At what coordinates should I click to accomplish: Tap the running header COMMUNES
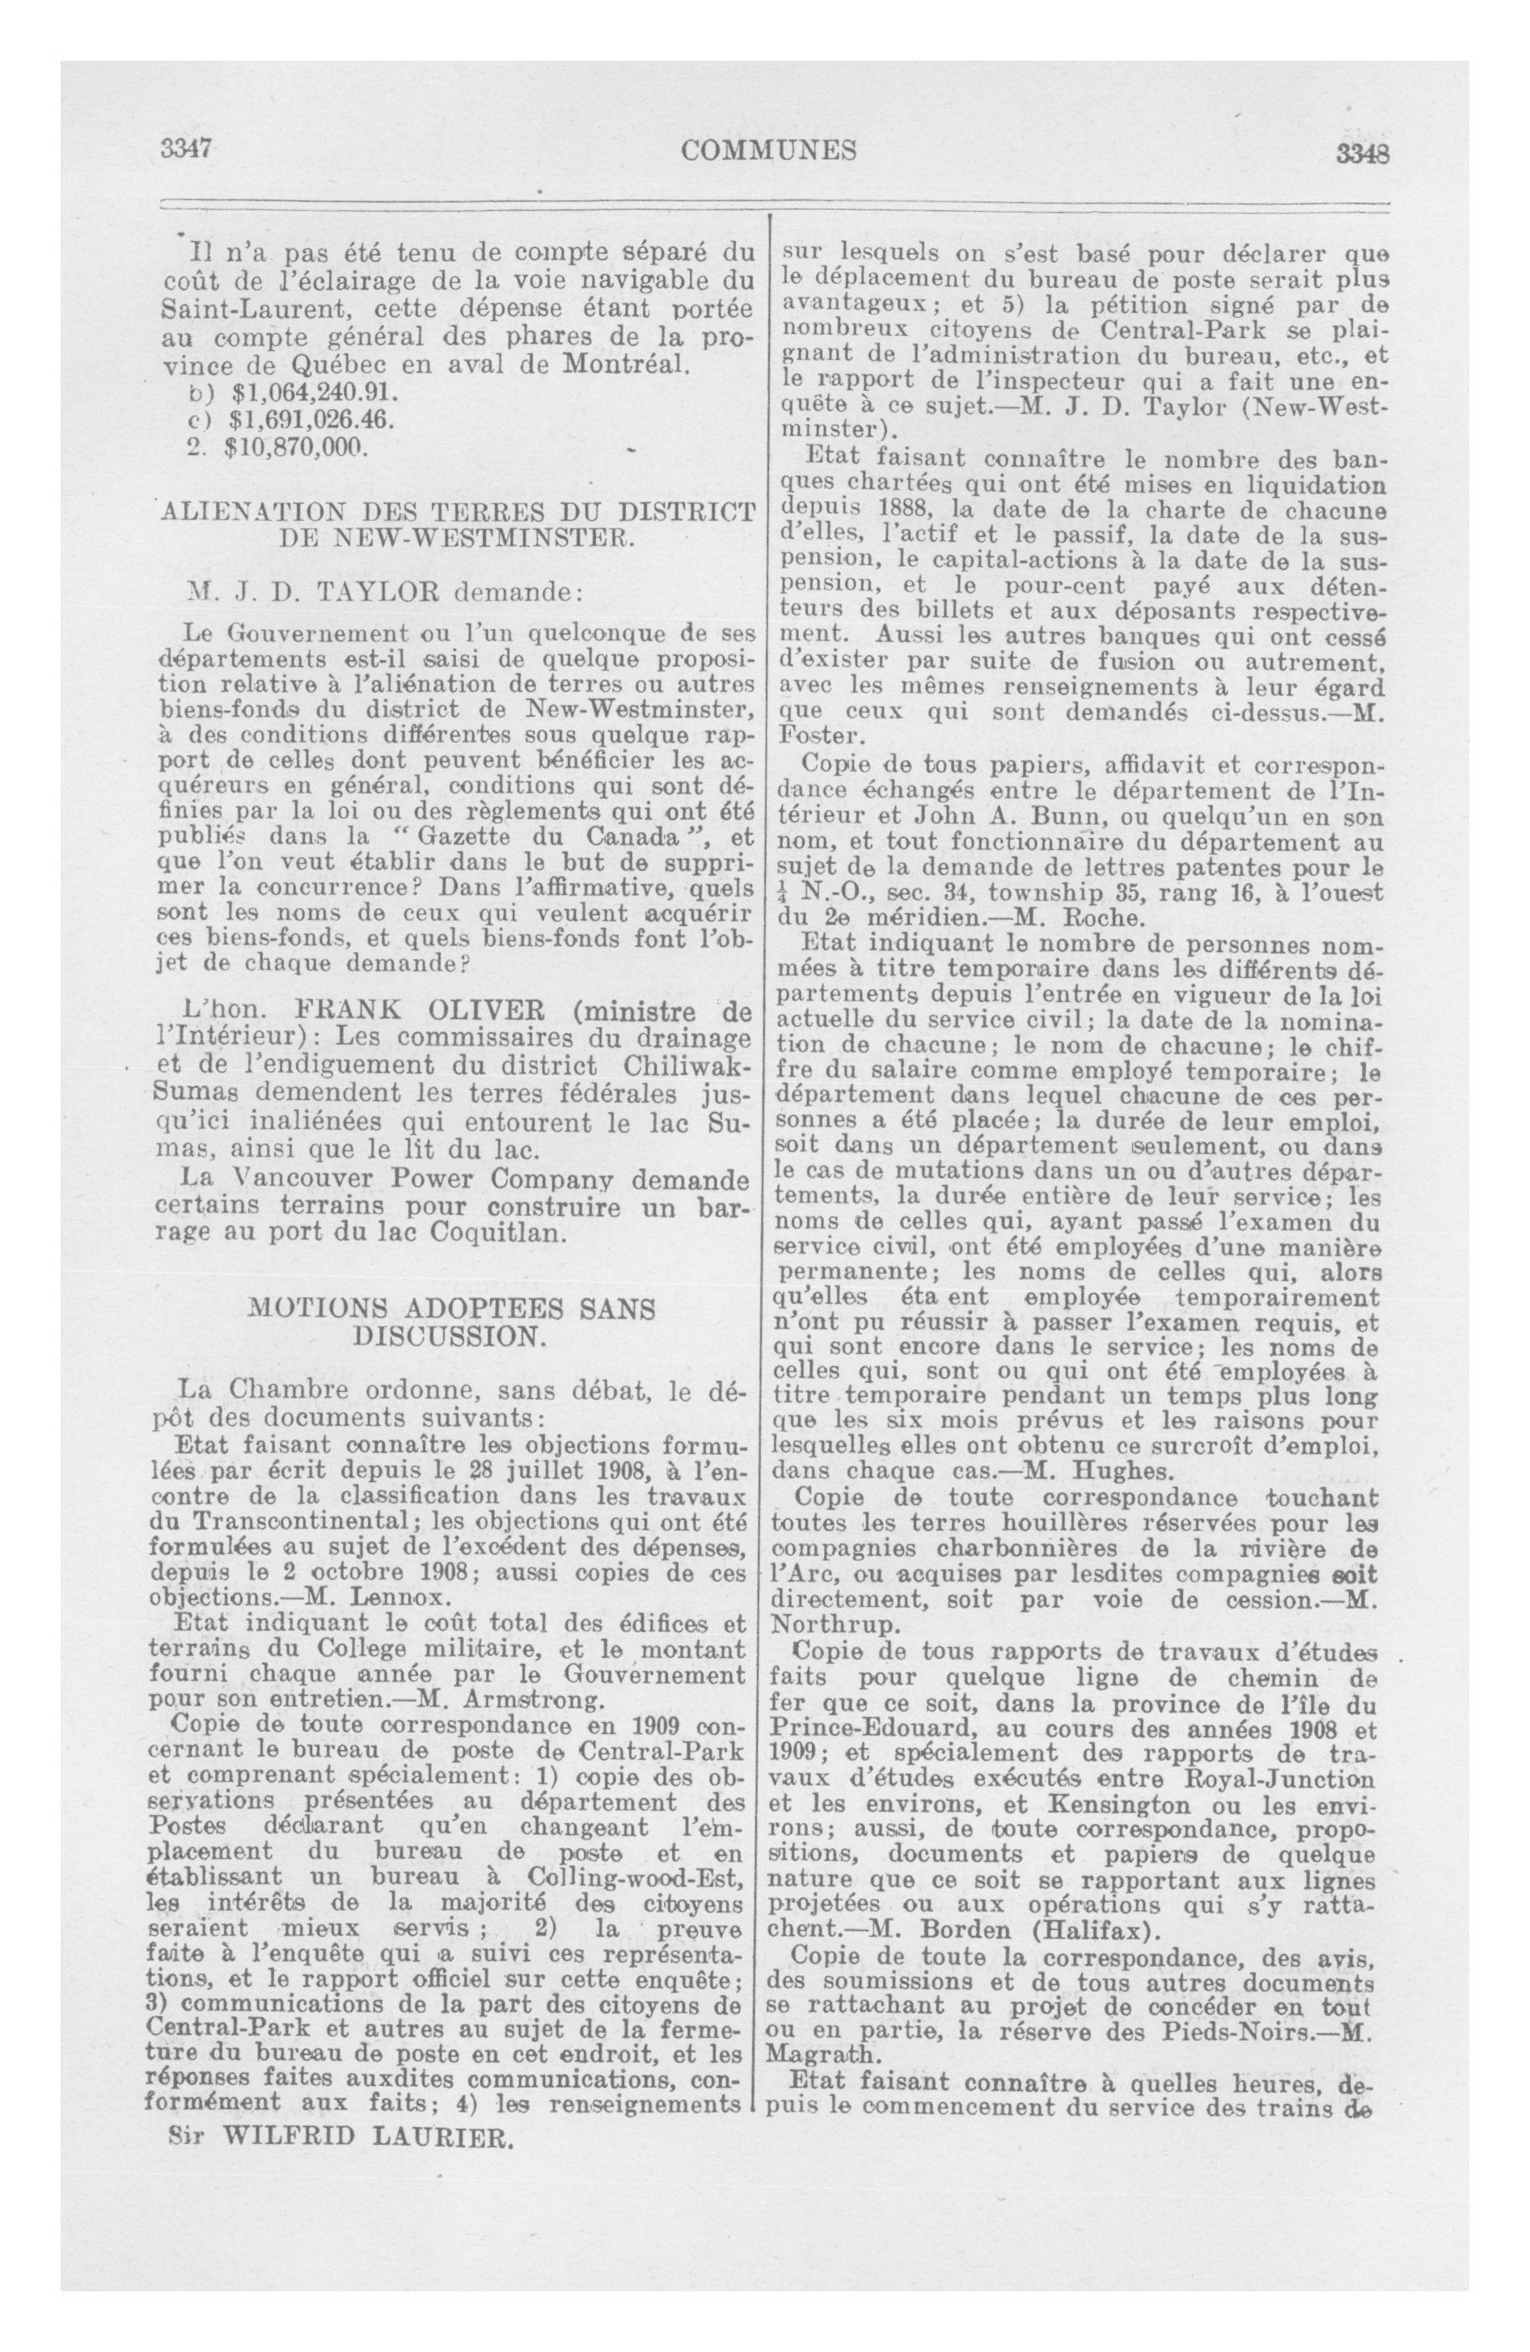768,150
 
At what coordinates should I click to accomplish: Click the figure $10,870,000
295,446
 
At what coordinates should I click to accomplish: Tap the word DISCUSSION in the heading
449,1337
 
